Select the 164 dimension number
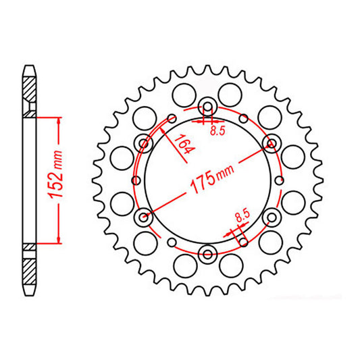point(181,144)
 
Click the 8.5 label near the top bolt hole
point(217,132)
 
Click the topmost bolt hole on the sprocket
point(208,106)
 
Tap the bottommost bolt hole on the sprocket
point(208,255)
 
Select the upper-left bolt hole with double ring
point(144,143)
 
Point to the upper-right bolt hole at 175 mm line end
point(272,143)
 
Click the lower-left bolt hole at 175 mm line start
point(144,217)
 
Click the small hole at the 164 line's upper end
point(172,118)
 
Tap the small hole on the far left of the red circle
point(134,180)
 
